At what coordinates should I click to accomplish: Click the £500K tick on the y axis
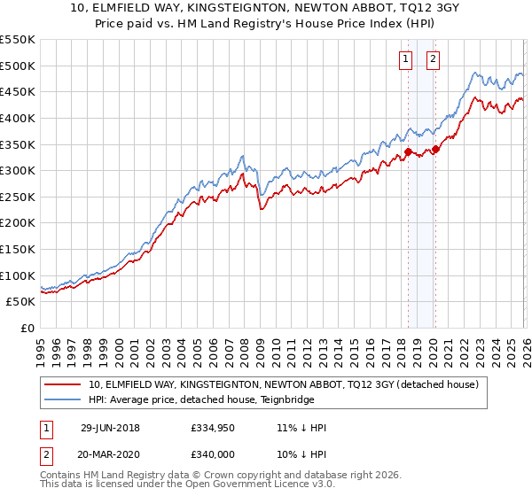(x=18, y=66)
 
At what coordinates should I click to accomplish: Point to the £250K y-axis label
(x=18, y=197)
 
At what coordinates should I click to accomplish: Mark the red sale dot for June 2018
(x=408, y=151)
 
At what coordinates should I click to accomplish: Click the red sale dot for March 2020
(x=435, y=149)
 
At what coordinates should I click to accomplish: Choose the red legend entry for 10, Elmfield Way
(x=284, y=384)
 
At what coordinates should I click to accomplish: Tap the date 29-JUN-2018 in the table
(x=109, y=428)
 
